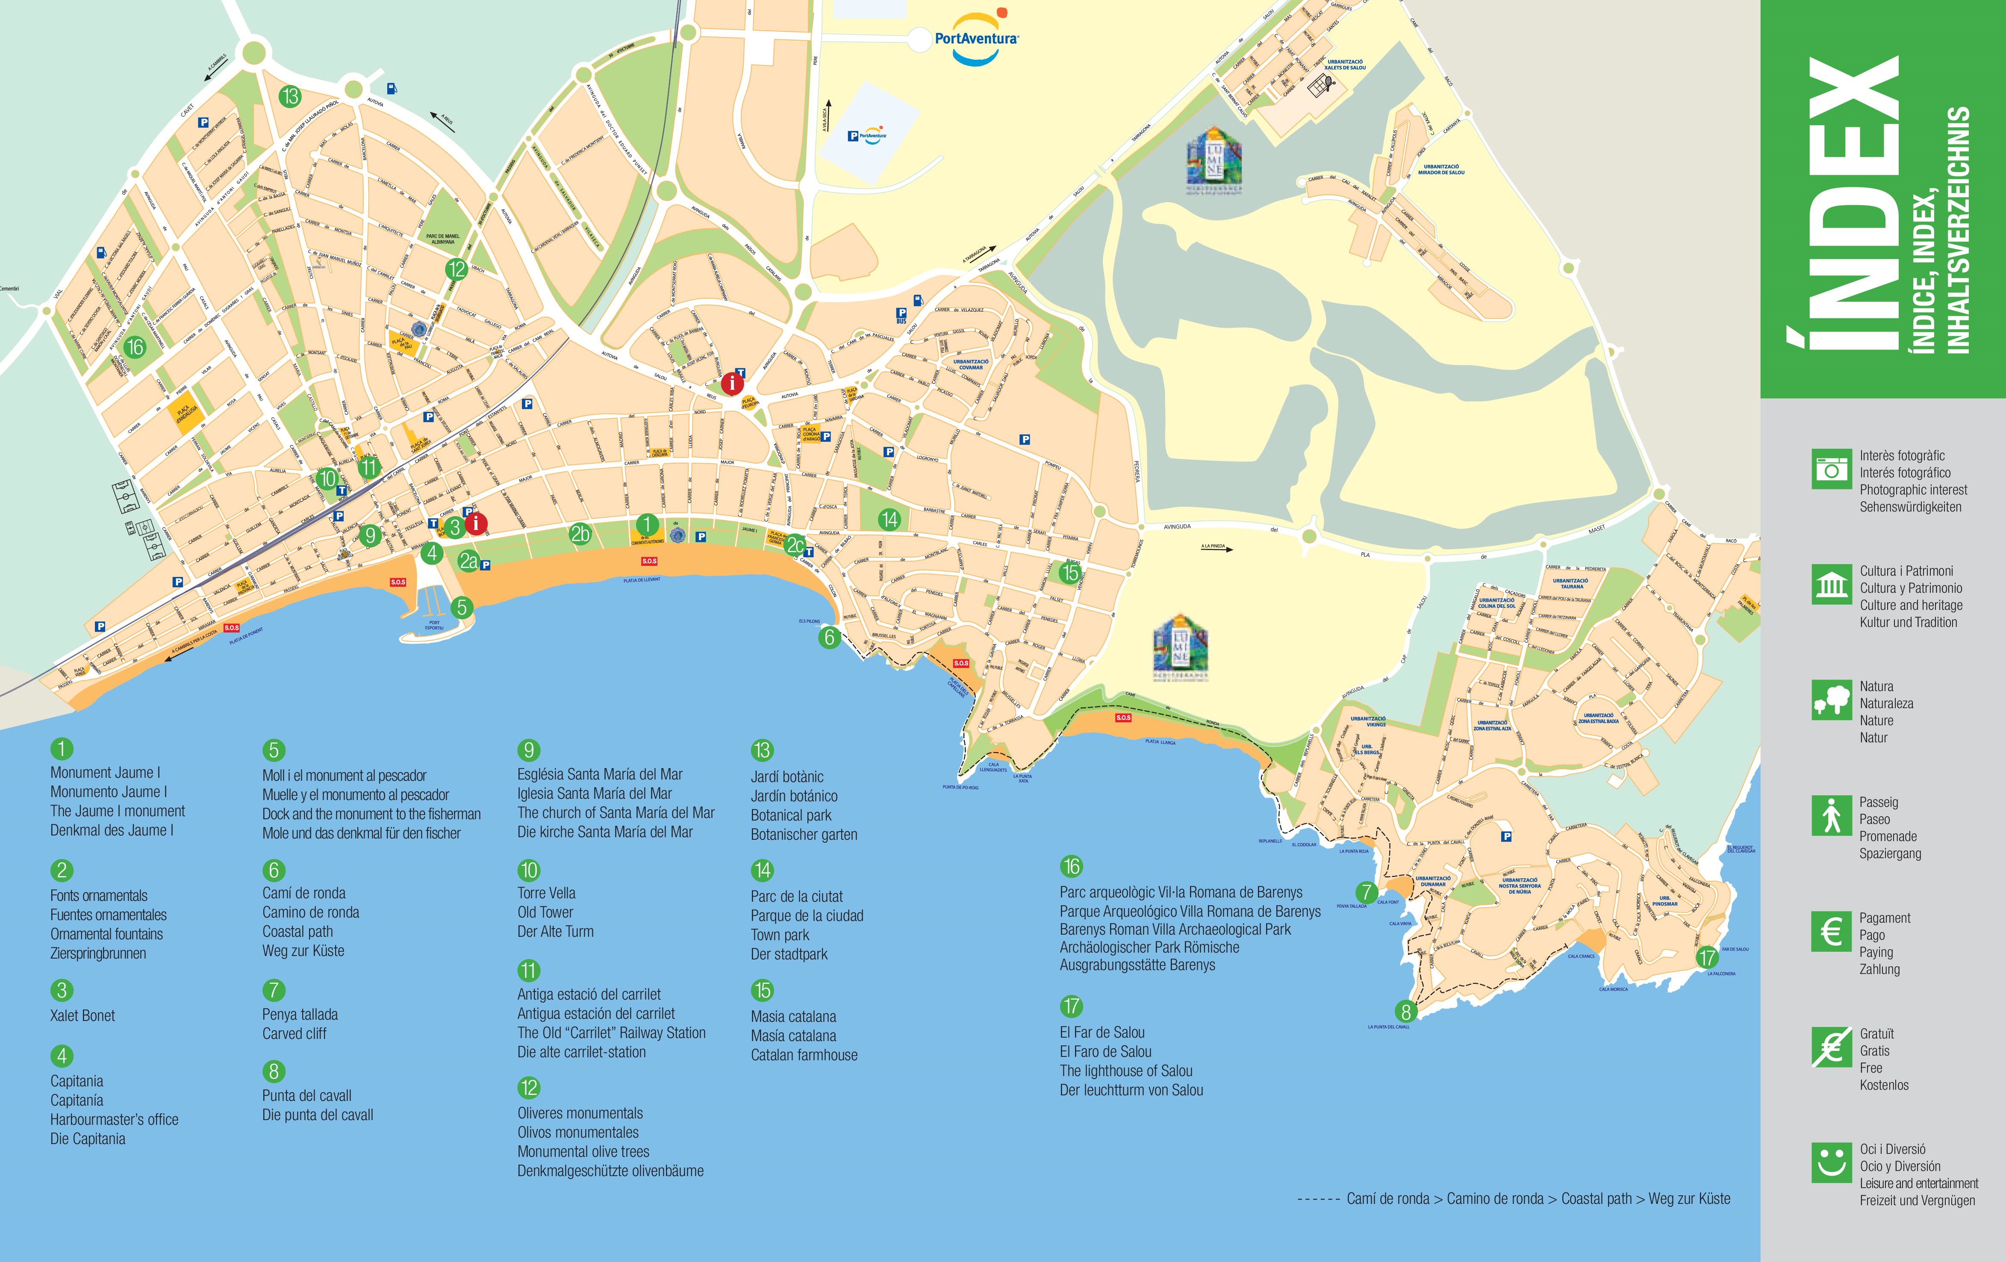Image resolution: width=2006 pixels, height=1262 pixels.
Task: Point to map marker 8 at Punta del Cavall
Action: pyautogui.click(x=1406, y=1011)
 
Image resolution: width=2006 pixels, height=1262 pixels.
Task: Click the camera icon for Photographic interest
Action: pyautogui.click(x=1830, y=469)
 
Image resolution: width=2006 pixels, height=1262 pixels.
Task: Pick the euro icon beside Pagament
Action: pyautogui.click(x=1830, y=931)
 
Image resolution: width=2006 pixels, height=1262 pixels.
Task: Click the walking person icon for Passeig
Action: pyautogui.click(x=1830, y=815)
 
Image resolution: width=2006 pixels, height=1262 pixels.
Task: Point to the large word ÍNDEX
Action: pyautogui.click(x=1843, y=204)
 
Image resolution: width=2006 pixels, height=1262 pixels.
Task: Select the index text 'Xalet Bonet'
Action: pyautogui.click(x=82, y=1015)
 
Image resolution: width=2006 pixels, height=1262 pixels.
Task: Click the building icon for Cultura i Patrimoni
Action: pyautogui.click(x=1830, y=585)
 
